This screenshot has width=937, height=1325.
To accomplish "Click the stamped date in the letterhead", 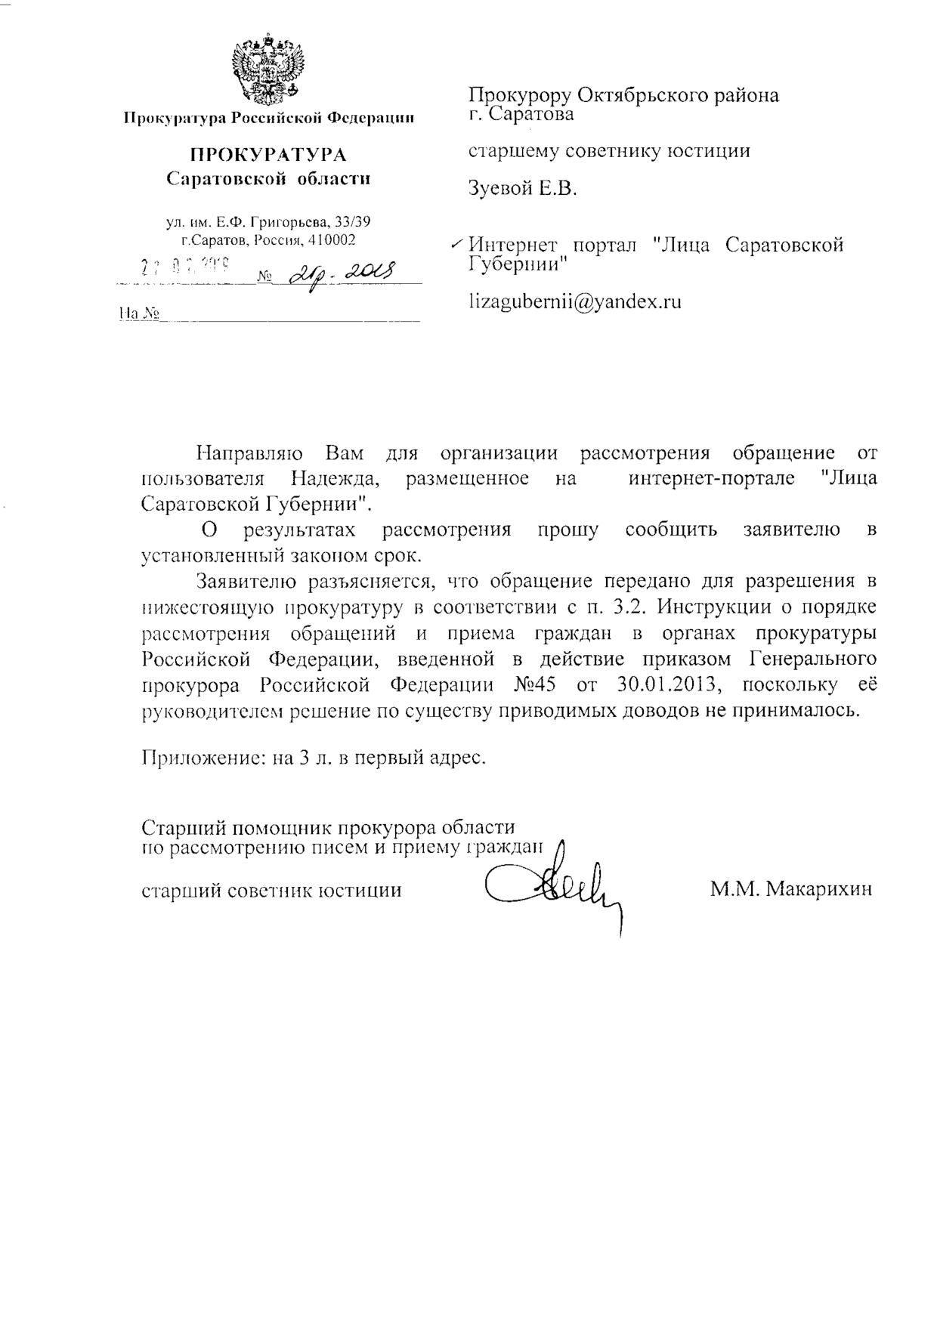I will click(186, 265).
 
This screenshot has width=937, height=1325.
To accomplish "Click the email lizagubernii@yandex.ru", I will click(574, 302).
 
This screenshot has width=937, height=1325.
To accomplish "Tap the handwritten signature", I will click(559, 892).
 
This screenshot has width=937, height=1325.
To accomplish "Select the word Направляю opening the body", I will click(249, 453).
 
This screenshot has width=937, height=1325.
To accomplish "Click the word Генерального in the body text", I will click(814, 659).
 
